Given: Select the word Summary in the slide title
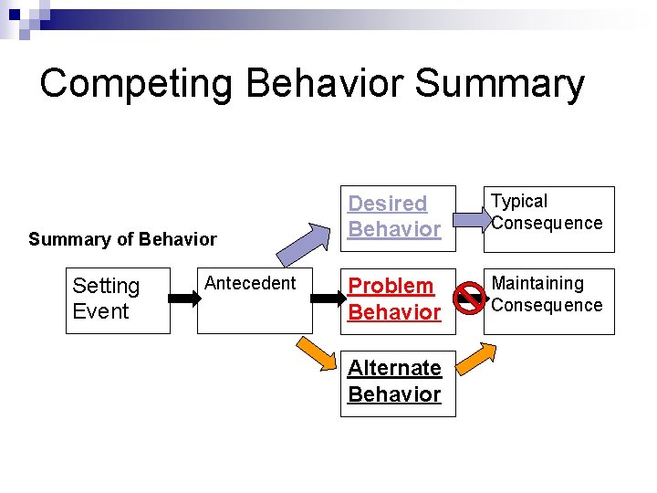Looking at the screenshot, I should click(x=499, y=84).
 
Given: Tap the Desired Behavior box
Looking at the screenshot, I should click(x=397, y=217).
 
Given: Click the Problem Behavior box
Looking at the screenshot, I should click(x=397, y=299).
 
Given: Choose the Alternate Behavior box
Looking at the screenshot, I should click(x=397, y=382).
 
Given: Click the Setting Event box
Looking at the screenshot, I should click(x=118, y=299).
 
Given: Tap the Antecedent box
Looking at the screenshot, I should click(x=255, y=299).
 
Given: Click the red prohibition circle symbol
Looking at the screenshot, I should click(x=470, y=298).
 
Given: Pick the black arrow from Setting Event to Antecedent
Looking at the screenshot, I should click(x=184, y=298).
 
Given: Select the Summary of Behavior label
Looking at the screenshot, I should click(x=122, y=240).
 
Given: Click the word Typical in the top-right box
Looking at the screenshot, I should click(x=519, y=202).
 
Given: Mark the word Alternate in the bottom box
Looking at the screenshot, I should click(x=394, y=368).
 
